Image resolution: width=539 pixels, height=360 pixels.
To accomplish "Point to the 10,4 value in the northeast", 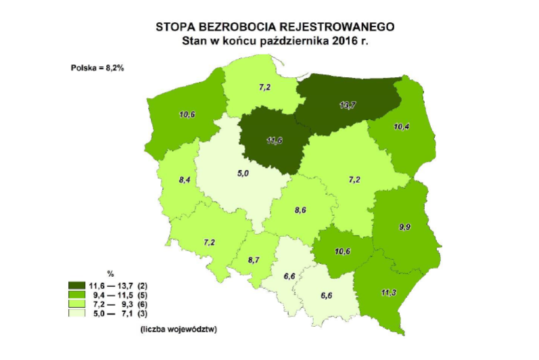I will [400, 127].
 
